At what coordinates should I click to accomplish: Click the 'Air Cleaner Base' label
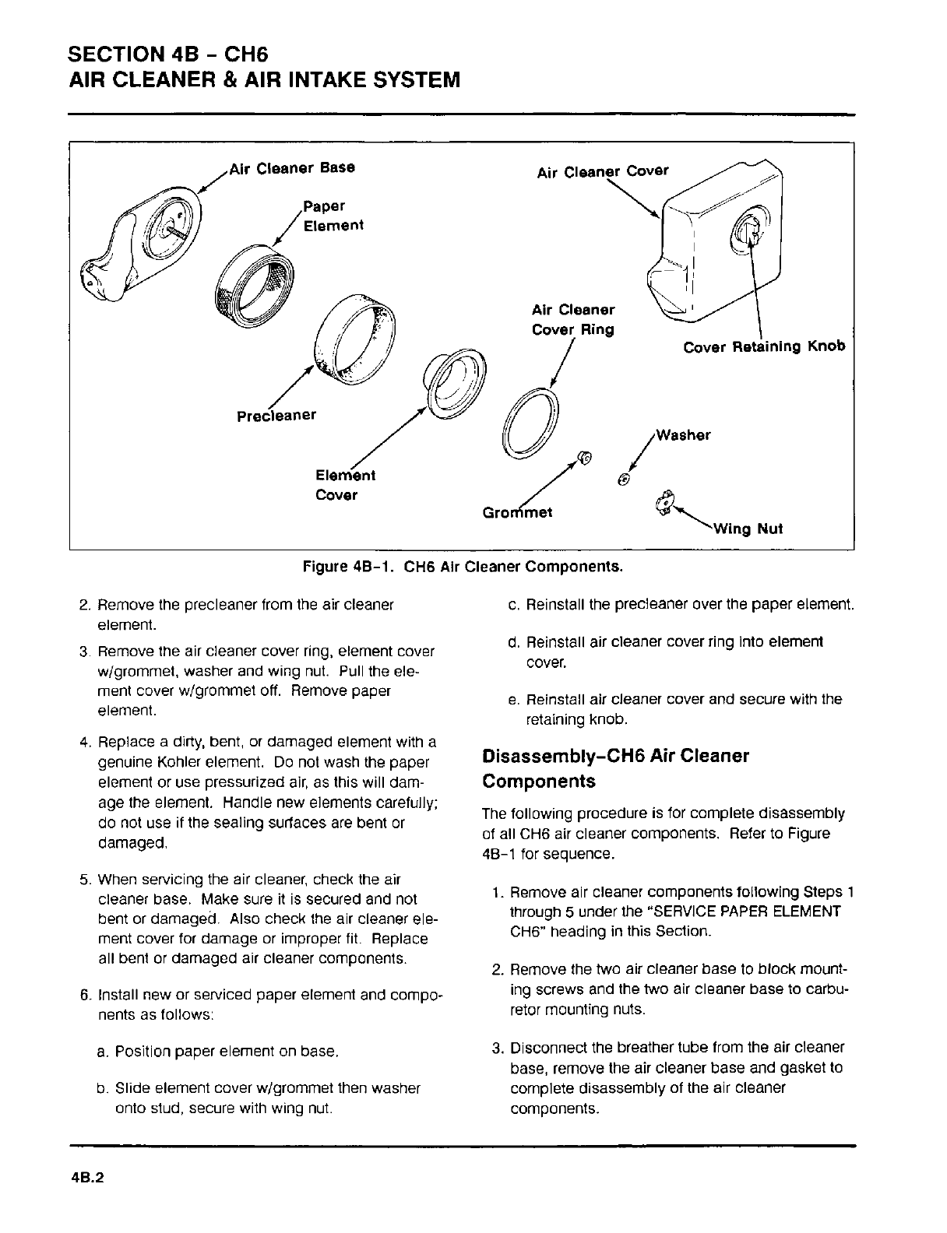click(291, 167)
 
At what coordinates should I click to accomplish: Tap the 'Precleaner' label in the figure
click(276, 415)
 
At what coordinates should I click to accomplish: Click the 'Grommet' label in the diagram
click(518, 512)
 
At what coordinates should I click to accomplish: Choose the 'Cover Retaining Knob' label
click(764, 346)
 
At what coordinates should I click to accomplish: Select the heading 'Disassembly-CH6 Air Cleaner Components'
click(615, 768)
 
